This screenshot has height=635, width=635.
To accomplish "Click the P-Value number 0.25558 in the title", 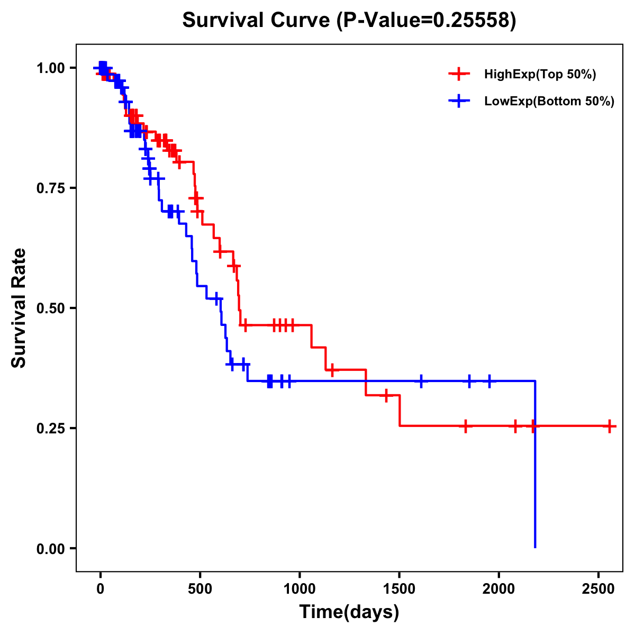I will (x=472, y=21).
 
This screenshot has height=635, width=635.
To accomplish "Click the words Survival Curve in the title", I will (x=257, y=21).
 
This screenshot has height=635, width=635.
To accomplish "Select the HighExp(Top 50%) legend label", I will (x=540, y=75).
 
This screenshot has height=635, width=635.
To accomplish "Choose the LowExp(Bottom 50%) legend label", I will (x=549, y=102).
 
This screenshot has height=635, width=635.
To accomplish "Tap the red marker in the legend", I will (x=459, y=74).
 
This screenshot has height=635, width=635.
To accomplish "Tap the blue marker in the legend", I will (x=459, y=101).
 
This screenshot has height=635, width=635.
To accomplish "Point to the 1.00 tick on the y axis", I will (x=51, y=68).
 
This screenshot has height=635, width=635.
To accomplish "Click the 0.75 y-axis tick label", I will (x=51, y=188).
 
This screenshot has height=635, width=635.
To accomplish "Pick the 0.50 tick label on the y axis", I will (x=51, y=308).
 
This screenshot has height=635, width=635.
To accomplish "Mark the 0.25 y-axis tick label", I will (x=51, y=428).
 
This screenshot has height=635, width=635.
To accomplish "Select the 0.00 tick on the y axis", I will (x=51, y=548).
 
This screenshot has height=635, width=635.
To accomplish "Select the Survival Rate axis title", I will (x=19, y=308).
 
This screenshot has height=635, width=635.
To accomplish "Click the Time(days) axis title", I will (x=349, y=612).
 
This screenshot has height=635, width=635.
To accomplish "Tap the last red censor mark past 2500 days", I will (x=610, y=425).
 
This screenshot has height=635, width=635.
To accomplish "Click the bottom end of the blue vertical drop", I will (x=535, y=547).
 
